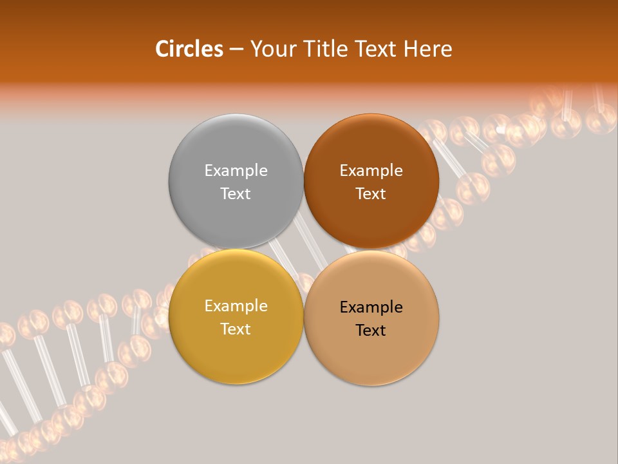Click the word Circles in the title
click(189, 49)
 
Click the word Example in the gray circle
click(236, 171)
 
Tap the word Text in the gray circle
click(236, 194)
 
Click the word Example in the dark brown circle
click(371, 171)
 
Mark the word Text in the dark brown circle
click(371, 194)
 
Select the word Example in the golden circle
click(236, 306)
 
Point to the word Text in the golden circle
click(236, 329)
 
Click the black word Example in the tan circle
click(371, 307)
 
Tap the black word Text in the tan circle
click(371, 331)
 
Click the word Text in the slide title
click(376, 49)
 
